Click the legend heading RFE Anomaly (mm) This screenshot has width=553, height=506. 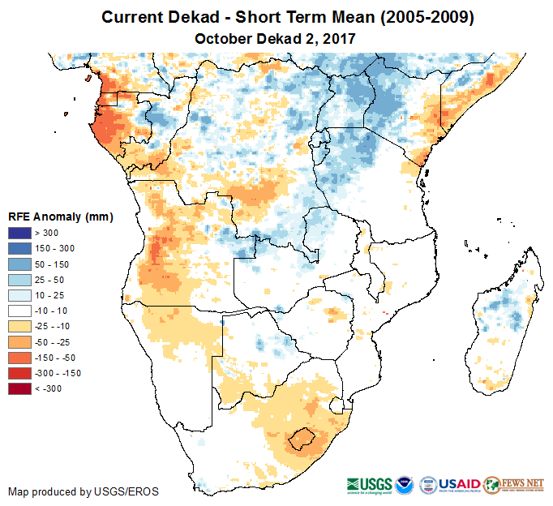click(x=60, y=217)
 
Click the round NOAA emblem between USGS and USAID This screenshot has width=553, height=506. click(x=405, y=483)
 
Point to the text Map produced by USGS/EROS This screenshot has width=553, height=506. click(x=83, y=491)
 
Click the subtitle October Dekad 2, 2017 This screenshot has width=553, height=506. click(x=276, y=38)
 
